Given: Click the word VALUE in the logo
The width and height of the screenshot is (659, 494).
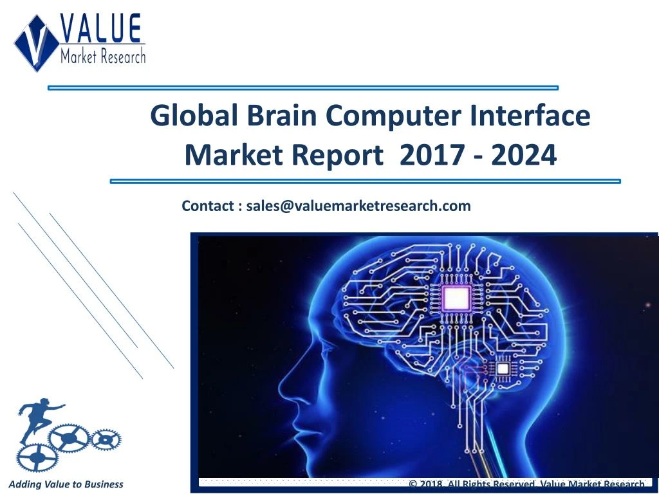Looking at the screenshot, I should pyautogui.click(x=102, y=30).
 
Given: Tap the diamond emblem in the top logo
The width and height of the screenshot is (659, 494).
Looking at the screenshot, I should pyautogui.click(x=37, y=42).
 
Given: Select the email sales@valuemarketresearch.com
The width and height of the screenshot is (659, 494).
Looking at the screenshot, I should pyautogui.click(x=358, y=206).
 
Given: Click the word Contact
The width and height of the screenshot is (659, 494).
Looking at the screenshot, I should pyautogui.click(x=208, y=206).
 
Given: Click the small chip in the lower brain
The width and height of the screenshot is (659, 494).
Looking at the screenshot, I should pyautogui.click(x=501, y=369).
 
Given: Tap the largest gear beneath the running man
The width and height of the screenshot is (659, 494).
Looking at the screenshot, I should pyautogui.click(x=69, y=438).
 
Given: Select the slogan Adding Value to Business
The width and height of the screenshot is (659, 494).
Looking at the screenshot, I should pyautogui.click(x=66, y=484).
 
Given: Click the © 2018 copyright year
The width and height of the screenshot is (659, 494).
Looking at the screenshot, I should pyautogui.click(x=428, y=484).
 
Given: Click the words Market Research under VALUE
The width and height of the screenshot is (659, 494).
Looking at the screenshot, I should pyautogui.click(x=103, y=56).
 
